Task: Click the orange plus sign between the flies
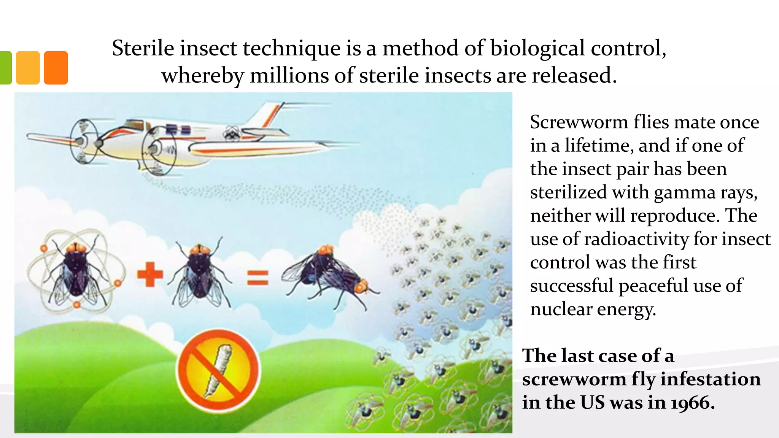tap(150, 274)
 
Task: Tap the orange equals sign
tap(258, 278)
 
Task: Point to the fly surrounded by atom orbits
tap(76, 272)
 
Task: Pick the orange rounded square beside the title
tap(56, 68)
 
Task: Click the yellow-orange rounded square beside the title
tap(28, 68)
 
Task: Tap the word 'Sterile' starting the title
tap(143, 49)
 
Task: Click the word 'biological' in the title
tap(537, 49)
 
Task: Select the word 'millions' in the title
tap(289, 75)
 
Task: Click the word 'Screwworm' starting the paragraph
tap(579, 122)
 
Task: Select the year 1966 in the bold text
tap(692, 403)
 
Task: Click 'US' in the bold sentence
tap(592, 403)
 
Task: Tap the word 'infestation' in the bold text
tap(710, 379)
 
